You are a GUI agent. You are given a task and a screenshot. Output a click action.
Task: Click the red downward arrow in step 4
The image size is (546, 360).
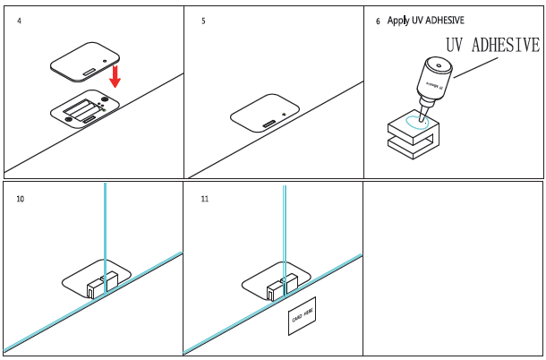coord(115,85)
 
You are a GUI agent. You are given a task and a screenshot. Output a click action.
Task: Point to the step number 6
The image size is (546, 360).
coord(379,21)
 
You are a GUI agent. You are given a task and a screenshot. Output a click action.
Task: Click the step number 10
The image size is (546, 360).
coord(21,198)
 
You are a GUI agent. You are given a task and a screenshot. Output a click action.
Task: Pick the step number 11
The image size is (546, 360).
coord(205,198)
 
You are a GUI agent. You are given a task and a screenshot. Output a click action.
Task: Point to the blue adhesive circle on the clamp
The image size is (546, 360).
coord(415,121)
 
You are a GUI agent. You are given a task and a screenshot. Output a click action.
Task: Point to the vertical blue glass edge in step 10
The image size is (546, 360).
coord(105,233)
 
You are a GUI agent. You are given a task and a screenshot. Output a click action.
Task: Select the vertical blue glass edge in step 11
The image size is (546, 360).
coord(285,233)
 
